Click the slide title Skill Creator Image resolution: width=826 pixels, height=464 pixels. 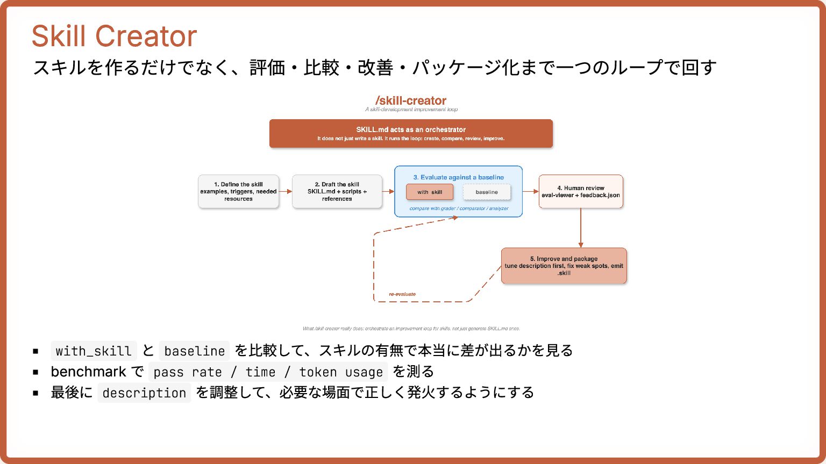[114, 37]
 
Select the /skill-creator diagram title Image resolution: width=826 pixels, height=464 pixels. [411, 100]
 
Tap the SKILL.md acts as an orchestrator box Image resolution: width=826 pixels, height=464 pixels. [411, 133]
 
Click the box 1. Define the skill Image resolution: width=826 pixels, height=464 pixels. [238, 191]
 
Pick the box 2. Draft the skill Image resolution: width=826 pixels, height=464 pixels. [337, 191]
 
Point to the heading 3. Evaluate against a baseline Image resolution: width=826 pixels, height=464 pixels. [458, 177]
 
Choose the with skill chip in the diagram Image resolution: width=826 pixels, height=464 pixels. [429, 192]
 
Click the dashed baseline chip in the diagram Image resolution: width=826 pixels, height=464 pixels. [487, 192]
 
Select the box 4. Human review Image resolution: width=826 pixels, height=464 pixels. [581, 191]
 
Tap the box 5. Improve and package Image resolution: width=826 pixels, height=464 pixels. [564, 265]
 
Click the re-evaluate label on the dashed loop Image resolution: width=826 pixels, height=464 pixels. [402, 294]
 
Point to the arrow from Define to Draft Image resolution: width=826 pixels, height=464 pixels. [286, 191]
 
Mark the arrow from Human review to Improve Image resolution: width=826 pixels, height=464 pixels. [581, 228]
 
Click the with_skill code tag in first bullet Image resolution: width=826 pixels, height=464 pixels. [94, 351]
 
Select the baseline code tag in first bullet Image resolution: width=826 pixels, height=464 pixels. [194, 351]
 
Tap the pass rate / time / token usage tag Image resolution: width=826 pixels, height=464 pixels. [268, 372]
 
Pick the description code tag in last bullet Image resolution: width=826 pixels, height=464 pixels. [144, 393]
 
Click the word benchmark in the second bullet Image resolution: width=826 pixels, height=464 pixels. [88, 372]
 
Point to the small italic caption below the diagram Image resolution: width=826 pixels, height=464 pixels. [411, 329]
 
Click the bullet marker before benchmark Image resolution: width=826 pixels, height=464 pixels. [35, 372]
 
